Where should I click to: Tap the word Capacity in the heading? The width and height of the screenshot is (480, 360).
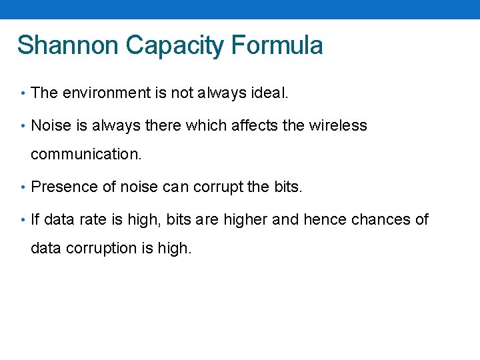(x=175, y=45)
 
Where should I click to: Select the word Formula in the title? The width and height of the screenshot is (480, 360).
(x=277, y=45)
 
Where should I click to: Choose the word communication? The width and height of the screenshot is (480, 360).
(x=86, y=155)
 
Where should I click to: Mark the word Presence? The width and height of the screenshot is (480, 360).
(x=64, y=187)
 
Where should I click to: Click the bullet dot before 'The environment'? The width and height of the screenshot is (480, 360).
(x=23, y=93)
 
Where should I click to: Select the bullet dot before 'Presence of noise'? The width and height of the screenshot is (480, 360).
(x=23, y=187)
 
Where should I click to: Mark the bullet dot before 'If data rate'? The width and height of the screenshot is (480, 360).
(x=23, y=220)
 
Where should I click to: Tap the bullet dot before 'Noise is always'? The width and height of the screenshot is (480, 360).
(x=23, y=125)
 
